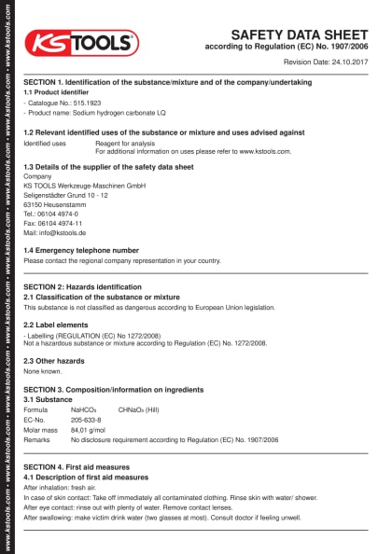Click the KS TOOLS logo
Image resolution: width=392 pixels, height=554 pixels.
point(81,42)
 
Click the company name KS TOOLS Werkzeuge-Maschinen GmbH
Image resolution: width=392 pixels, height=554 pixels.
point(84,186)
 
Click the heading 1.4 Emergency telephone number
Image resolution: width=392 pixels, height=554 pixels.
point(81,250)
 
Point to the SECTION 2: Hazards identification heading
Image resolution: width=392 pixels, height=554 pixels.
point(82,286)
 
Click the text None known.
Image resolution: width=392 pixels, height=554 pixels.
point(42,370)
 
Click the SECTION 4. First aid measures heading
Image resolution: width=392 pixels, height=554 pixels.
point(85,465)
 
